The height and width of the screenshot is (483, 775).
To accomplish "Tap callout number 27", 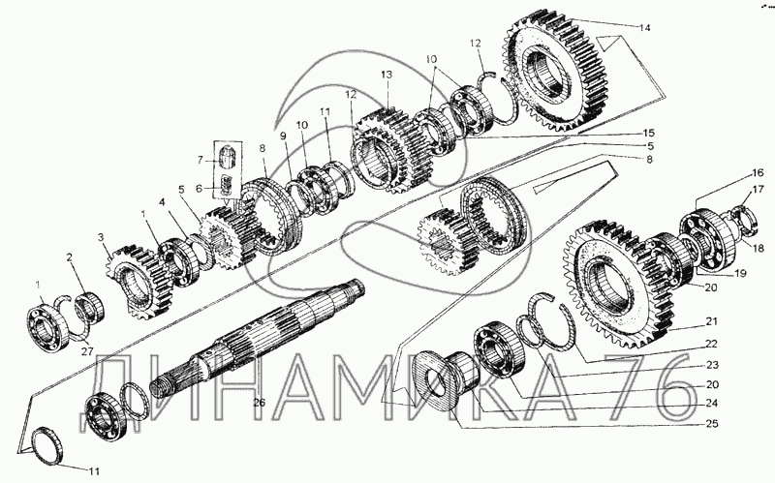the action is pyautogui.click(x=86, y=351).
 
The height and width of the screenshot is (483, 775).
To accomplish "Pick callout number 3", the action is pyautogui.click(x=100, y=236).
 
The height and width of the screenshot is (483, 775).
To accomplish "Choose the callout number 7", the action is pyautogui.click(x=201, y=159).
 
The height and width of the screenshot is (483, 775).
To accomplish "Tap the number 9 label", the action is pyautogui.click(x=284, y=136).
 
